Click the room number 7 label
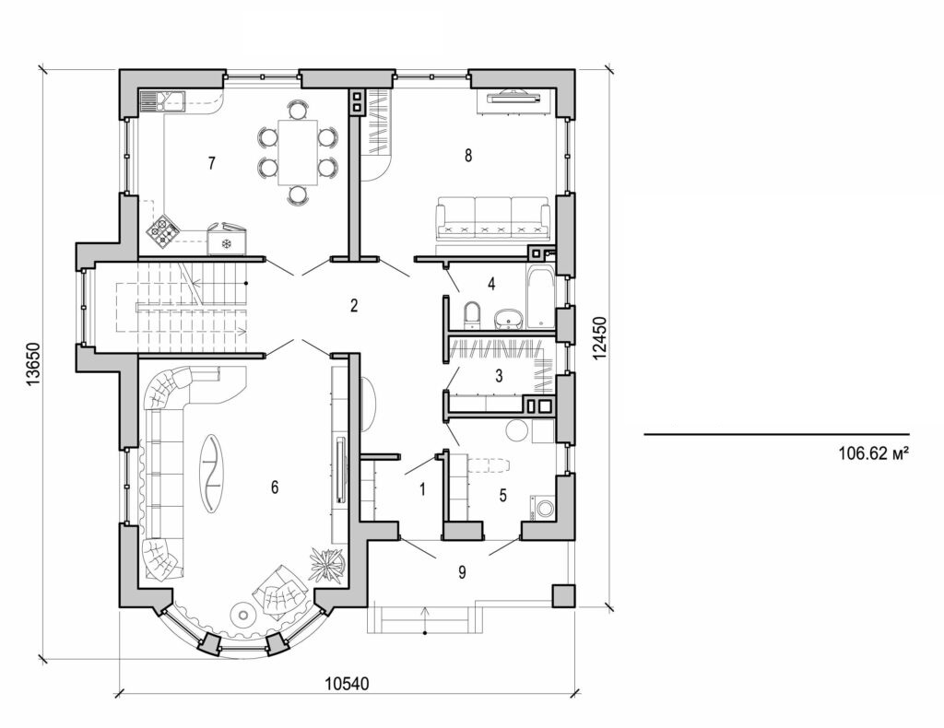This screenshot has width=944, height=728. click(x=212, y=163)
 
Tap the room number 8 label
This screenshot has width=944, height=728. click(x=468, y=155)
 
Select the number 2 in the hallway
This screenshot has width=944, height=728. click(x=353, y=306)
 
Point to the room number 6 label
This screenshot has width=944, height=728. click(x=274, y=487)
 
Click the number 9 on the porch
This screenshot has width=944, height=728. click(x=462, y=572)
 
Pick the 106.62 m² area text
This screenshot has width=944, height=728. click(x=867, y=453)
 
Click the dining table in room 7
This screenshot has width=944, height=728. click(x=297, y=152)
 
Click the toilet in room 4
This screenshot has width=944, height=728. click(x=473, y=315)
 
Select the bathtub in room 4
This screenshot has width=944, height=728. click(x=540, y=298)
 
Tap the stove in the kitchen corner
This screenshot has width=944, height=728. click(x=164, y=231)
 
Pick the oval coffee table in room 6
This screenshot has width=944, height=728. click(x=212, y=473)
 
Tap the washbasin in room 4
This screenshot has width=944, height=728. click(x=507, y=319)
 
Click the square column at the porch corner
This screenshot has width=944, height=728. click(x=562, y=595)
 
